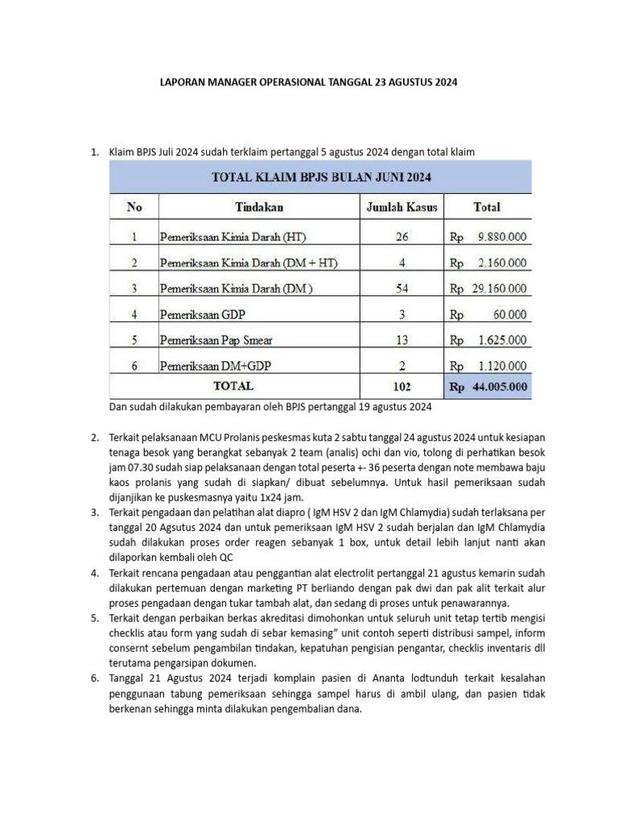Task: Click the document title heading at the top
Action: (308, 83)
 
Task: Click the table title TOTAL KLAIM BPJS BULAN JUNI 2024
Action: (321, 176)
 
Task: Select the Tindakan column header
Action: (259, 207)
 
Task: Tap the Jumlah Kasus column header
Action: (402, 207)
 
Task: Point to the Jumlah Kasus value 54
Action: (402, 288)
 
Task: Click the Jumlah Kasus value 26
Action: (402, 237)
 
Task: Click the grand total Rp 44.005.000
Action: (488, 387)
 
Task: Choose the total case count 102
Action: (402, 387)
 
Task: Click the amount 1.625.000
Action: (499, 340)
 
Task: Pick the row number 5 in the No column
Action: (134, 340)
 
